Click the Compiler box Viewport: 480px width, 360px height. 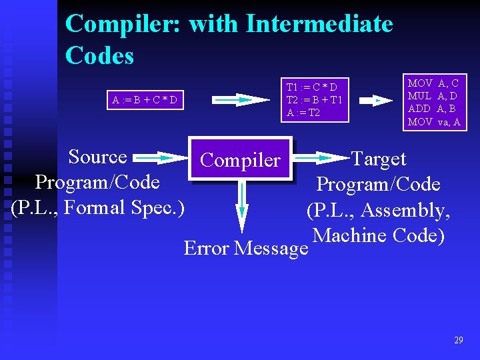(x=241, y=159)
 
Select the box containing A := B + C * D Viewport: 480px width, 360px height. (x=145, y=101)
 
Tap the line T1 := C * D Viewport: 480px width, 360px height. (x=311, y=87)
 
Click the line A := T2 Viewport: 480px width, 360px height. (x=303, y=113)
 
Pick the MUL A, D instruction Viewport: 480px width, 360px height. (x=433, y=96)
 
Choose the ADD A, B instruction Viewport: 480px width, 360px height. (x=432, y=109)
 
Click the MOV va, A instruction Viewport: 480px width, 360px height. (x=434, y=122)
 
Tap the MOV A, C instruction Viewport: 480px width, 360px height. (x=433, y=83)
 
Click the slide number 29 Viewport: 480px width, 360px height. (x=458, y=341)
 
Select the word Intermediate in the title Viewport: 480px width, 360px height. (x=319, y=24)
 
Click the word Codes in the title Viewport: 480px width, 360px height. (x=99, y=55)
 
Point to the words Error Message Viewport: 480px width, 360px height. (x=245, y=249)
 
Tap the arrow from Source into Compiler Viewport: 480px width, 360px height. (x=162, y=159)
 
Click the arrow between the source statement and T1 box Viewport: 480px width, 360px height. (x=233, y=100)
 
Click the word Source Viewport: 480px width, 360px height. (x=97, y=157)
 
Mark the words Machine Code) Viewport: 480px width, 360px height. (x=378, y=235)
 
